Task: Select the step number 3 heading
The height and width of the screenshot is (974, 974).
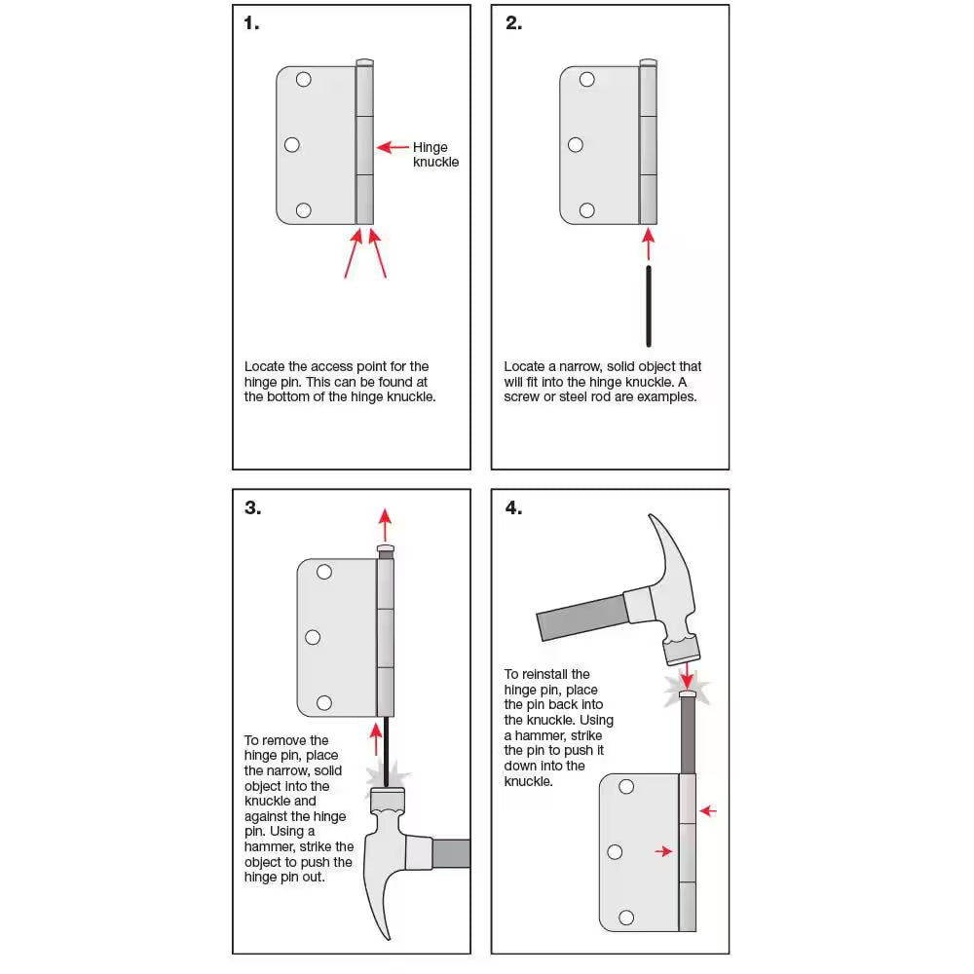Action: pyautogui.click(x=252, y=507)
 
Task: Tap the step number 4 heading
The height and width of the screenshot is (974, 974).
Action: pyautogui.click(x=513, y=507)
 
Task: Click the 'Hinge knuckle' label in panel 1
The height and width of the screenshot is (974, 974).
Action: pyautogui.click(x=435, y=155)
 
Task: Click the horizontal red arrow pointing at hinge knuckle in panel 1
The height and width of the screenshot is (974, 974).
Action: pyautogui.click(x=393, y=148)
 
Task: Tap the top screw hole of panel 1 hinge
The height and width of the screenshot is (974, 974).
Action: pyautogui.click(x=303, y=80)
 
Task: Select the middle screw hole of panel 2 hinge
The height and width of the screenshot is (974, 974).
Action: pyautogui.click(x=576, y=145)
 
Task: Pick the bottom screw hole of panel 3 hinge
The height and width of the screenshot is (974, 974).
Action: pyautogui.click(x=323, y=702)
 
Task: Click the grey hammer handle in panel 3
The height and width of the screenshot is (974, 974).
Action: pyautogui.click(x=451, y=853)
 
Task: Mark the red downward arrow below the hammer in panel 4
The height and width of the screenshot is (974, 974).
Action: pyautogui.click(x=688, y=674)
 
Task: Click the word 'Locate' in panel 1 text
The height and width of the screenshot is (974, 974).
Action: pyautogui.click(x=266, y=366)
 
